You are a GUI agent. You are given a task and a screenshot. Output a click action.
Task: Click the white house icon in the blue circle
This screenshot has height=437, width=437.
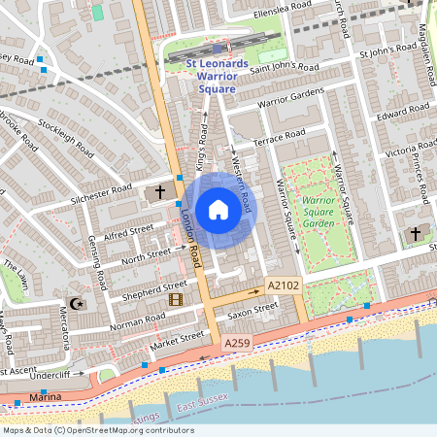(x=218, y=210)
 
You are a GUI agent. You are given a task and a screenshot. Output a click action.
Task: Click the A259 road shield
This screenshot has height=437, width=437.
(x=238, y=344)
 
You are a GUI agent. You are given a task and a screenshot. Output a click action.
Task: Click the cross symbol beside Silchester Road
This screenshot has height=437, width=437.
(x=160, y=192)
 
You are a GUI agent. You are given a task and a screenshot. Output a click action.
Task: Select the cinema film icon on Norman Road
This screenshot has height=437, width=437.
(x=175, y=299)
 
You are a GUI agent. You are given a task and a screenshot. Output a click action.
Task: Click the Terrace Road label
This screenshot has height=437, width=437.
(x=280, y=138)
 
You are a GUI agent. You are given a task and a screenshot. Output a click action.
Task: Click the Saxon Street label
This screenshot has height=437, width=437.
(x=253, y=311)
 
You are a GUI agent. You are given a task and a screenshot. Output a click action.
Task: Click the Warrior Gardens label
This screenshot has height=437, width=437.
(x=290, y=98)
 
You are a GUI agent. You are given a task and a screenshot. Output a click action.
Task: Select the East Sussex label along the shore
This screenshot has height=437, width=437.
(x=200, y=403)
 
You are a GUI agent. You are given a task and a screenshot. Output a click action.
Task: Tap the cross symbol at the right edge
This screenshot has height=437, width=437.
(x=416, y=234)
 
